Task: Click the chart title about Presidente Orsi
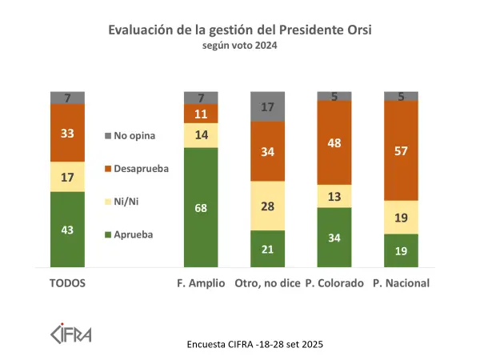tap(241, 30)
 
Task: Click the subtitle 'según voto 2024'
tap(241, 46)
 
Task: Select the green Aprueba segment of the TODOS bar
tap(68, 230)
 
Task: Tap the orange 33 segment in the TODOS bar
tap(68, 133)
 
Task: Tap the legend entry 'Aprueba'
tap(132, 234)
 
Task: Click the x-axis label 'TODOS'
tap(68, 283)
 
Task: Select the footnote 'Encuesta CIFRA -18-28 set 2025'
tap(254, 345)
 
